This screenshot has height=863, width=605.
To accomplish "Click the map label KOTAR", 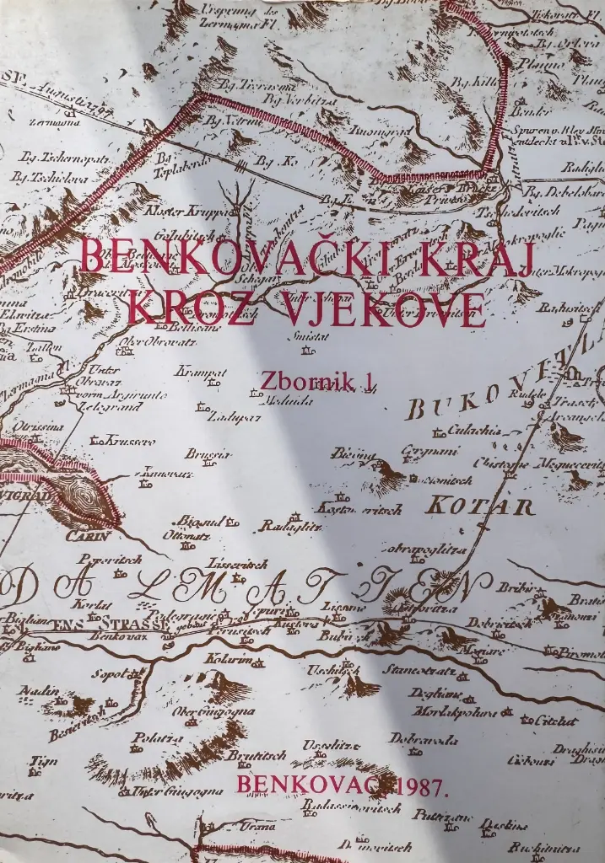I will point(479,507).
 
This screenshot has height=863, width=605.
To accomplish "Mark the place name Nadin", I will point(37,690).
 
